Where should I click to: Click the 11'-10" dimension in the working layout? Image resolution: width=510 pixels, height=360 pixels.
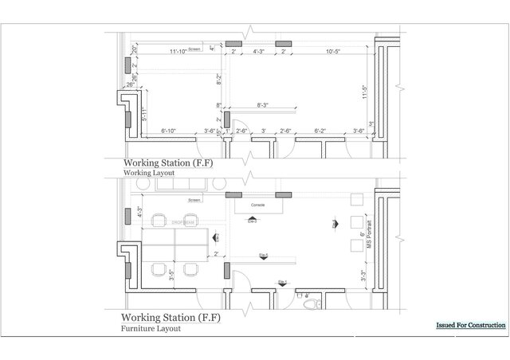178,52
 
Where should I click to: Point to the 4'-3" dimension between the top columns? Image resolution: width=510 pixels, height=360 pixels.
259,52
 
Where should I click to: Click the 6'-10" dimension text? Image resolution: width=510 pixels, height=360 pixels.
173,130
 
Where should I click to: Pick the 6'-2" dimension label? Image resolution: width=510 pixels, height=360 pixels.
320,130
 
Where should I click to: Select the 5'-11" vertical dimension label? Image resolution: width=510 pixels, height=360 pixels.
144,114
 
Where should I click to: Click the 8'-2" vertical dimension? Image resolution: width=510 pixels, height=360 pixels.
219,80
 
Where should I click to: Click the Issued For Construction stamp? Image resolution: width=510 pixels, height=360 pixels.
470,326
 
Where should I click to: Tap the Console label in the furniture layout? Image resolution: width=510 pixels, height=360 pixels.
257,205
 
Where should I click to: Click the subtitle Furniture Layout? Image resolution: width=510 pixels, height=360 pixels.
151,328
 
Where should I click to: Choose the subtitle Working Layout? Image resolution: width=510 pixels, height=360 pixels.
148,171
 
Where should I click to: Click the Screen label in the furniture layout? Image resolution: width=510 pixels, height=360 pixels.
194,201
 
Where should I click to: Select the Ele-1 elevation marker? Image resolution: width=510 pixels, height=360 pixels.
283,281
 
